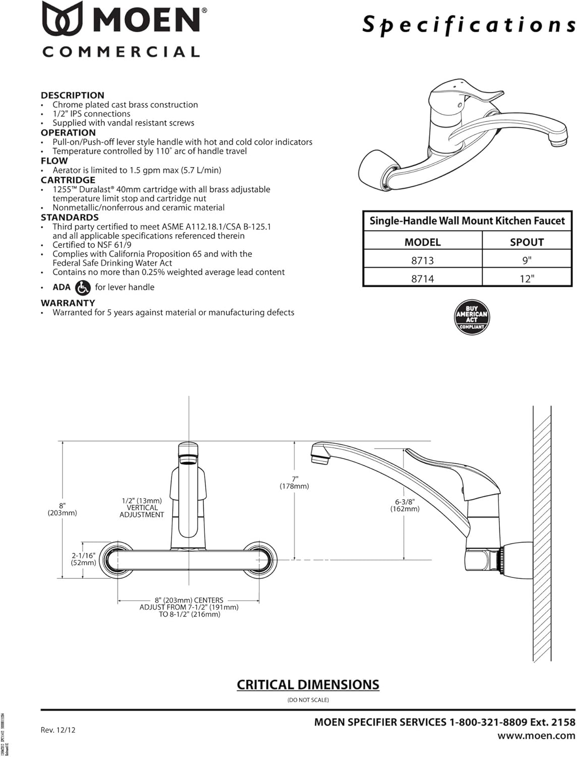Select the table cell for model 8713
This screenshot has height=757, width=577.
[423, 260]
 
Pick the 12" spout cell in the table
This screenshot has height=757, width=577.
[527, 279]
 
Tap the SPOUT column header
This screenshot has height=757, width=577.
[527, 242]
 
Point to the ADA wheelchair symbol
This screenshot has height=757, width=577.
[83, 288]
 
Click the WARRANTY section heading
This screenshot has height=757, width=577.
[68, 303]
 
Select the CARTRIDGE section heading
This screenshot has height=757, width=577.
[68, 180]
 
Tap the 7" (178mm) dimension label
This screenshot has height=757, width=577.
[295, 482]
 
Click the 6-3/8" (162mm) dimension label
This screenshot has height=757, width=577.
[405, 505]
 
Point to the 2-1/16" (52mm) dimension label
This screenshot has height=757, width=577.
[83, 559]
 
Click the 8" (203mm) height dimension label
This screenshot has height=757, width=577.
[62, 509]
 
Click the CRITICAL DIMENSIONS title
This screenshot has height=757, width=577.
[308, 685]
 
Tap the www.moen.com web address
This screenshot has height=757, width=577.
[536, 736]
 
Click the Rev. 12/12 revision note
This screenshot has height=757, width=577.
[58, 730]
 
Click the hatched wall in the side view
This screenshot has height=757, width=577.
[542, 530]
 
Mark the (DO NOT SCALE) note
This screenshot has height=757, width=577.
[308, 700]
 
